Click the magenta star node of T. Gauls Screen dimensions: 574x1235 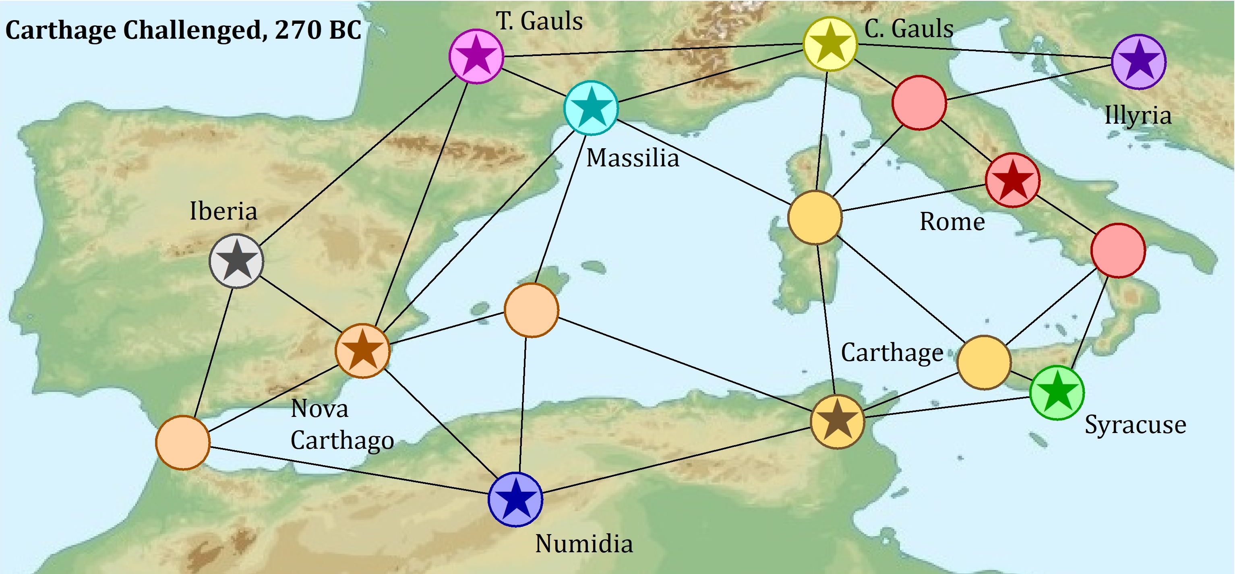click(x=476, y=56)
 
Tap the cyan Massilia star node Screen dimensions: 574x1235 click(x=591, y=108)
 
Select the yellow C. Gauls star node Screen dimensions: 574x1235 click(x=830, y=44)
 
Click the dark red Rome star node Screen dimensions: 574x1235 click(x=1013, y=180)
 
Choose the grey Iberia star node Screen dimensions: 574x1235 click(x=236, y=261)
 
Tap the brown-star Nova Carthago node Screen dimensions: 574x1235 click(x=362, y=350)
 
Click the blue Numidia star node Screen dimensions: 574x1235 click(x=515, y=499)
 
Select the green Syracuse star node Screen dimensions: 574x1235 click(x=1057, y=393)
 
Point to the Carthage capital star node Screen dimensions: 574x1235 click(x=837, y=421)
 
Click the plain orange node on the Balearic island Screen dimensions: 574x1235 click(x=531, y=310)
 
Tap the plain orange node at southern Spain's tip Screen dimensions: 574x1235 click(x=183, y=443)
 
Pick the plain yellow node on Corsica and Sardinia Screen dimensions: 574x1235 click(x=815, y=217)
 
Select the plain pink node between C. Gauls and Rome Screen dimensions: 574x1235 click(x=919, y=102)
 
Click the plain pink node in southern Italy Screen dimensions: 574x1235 click(x=1118, y=250)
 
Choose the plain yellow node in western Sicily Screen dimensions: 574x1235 click(x=984, y=362)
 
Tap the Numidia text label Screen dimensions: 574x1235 click(x=583, y=543)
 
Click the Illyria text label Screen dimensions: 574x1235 click(x=1138, y=115)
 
